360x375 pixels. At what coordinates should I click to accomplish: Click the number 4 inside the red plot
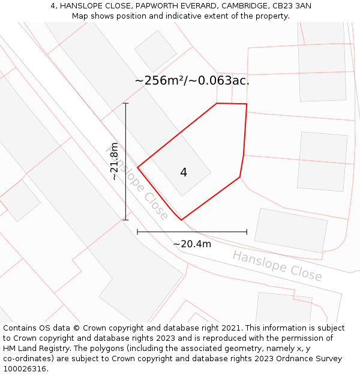[184, 173]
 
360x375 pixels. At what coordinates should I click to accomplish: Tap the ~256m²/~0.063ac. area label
[192, 80]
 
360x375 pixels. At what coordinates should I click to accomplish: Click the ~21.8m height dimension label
[114, 161]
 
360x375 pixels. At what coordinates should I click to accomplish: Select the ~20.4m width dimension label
[192, 244]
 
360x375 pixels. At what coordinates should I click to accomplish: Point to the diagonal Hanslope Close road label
[137, 182]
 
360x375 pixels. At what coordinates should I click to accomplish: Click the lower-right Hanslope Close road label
[277, 266]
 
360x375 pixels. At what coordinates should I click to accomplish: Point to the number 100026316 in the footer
[25, 368]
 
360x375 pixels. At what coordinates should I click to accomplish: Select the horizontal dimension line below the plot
[192, 231]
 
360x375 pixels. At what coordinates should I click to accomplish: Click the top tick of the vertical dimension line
[125, 103]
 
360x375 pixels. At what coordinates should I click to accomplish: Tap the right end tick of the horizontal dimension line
[247, 231]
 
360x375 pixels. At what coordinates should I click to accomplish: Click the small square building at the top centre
[155, 51]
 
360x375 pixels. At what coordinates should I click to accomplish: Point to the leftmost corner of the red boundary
[138, 167]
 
